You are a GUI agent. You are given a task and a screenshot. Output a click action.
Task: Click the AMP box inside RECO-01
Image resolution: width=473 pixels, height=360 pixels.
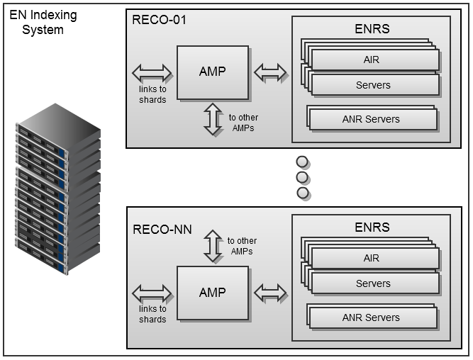(x=213, y=72)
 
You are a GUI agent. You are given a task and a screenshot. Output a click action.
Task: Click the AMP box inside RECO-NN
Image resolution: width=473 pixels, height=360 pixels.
(x=213, y=293)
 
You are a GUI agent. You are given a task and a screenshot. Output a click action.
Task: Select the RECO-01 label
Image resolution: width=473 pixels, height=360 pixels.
(x=160, y=19)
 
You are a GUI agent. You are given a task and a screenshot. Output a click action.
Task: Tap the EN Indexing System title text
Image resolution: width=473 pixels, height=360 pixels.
(x=43, y=23)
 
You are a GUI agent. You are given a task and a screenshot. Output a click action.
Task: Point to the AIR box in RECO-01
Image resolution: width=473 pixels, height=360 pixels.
(x=373, y=60)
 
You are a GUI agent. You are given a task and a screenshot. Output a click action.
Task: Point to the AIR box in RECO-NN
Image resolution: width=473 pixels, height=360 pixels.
(x=373, y=259)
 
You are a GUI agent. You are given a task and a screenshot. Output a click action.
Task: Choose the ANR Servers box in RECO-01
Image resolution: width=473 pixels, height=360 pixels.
(x=372, y=119)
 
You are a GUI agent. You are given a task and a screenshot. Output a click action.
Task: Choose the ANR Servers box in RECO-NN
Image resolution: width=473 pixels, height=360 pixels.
(x=372, y=317)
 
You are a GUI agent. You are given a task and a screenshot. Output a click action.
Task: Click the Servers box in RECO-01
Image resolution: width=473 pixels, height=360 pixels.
(x=373, y=85)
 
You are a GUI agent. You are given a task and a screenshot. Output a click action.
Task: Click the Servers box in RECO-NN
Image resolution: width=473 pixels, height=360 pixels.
(x=373, y=283)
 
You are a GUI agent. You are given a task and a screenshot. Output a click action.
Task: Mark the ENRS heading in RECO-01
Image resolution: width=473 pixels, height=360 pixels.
(x=372, y=29)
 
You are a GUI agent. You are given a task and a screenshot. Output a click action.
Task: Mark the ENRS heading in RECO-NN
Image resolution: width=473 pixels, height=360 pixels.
(x=372, y=227)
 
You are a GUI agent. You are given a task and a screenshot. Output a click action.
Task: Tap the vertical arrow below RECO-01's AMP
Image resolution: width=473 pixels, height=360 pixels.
(x=213, y=119)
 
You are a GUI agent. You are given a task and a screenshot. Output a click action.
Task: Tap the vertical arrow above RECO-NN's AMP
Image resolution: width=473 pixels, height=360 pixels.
(x=213, y=245)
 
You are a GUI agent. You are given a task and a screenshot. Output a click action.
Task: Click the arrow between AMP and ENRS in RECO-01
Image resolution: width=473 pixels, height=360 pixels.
(x=270, y=72)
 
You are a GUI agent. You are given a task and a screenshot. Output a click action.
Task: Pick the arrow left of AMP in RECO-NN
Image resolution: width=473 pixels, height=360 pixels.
(x=152, y=293)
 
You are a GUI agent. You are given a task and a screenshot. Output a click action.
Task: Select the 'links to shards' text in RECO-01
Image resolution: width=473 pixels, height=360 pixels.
(x=152, y=94)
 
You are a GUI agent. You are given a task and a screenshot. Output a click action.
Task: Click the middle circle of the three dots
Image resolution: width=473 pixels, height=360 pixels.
(x=303, y=176)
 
